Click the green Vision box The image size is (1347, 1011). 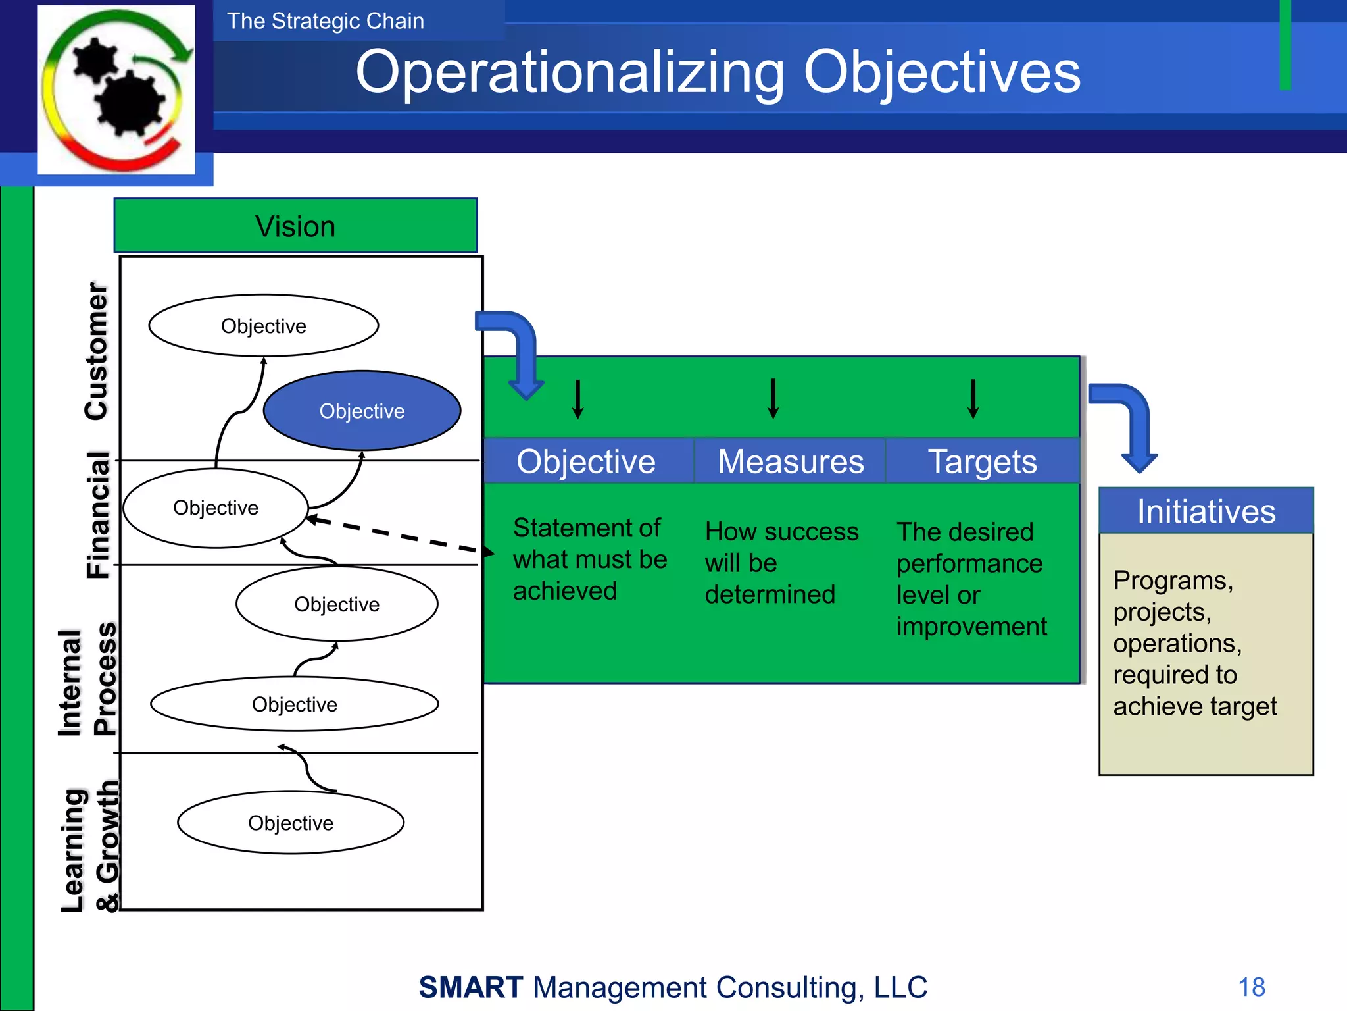coord(295,226)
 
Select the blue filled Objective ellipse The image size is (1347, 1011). coord(362,411)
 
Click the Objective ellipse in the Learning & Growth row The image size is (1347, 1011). coord(291,823)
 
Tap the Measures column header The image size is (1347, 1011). coord(790,461)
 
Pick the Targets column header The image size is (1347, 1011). coord(982,461)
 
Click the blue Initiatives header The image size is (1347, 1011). coord(1206,511)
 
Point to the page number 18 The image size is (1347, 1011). coord(1251,987)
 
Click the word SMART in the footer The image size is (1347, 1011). coord(471,987)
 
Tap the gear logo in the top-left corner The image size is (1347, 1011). coord(117,90)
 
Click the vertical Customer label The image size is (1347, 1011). coord(97,351)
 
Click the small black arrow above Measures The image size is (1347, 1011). coord(773,399)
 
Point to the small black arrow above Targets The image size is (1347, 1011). coord(973,399)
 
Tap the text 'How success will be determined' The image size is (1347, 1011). coord(781,563)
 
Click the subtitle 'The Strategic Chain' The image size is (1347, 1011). coord(326,21)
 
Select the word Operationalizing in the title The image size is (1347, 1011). coord(570,72)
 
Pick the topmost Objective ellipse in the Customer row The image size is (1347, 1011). coord(263,326)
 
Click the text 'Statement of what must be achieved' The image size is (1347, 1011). coord(589,559)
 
